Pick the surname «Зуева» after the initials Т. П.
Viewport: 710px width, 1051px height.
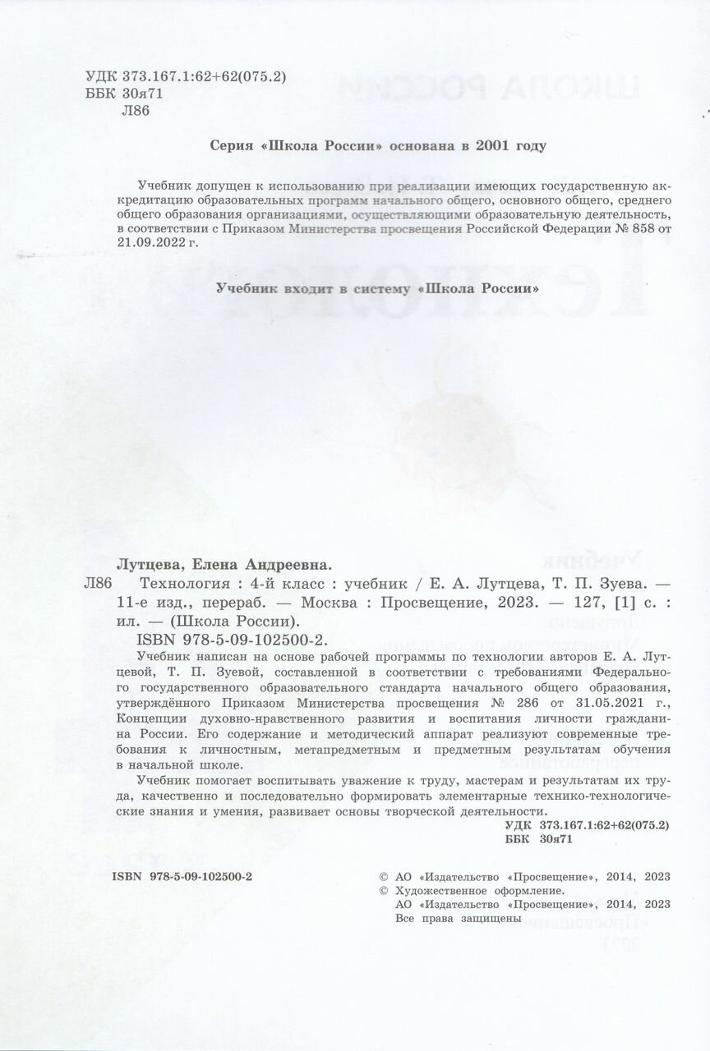[x=606, y=585]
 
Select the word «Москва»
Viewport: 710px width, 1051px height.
[x=329, y=603]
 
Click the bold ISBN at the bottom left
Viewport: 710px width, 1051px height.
[x=182, y=877]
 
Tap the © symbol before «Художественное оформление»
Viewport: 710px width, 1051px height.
[x=381, y=891]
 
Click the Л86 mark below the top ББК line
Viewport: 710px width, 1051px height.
[x=135, y=111]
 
